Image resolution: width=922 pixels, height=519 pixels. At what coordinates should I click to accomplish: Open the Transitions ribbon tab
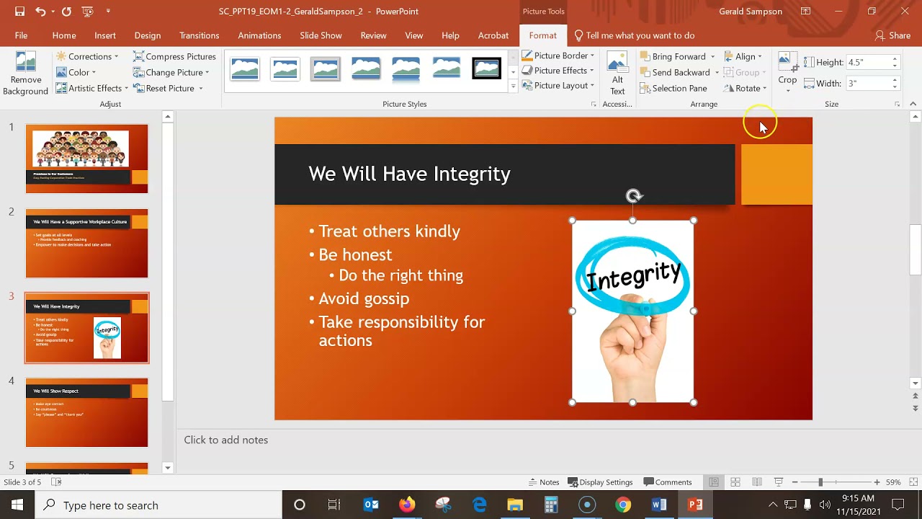(x=199, y=35)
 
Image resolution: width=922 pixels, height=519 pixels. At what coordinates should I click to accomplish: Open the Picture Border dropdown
(x=558, y=56)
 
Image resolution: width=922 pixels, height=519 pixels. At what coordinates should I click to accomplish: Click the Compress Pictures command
(x=174, y=56)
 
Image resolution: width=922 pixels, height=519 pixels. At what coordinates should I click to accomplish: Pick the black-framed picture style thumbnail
(x=486, y=68)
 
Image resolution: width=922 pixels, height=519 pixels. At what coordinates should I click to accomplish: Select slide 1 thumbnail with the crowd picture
(x=86, y=159)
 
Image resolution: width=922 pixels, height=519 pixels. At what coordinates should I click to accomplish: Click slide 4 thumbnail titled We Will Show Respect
(x=86, y=412)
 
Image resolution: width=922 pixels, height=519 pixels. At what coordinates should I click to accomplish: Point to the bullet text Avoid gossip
(x=364, y=298)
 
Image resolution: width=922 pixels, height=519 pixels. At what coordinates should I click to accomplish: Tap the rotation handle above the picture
(x=633, y=196)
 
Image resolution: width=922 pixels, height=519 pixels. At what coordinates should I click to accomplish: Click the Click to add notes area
(x=226, y=440)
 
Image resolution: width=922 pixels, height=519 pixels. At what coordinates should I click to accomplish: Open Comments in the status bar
(x=668, y=482)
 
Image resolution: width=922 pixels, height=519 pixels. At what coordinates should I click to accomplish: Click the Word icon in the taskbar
(x=659, y=505)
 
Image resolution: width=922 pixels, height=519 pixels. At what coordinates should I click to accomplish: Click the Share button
(x=892, y=35)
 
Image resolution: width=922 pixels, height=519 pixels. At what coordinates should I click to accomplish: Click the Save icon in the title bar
(x=19, y=12)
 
